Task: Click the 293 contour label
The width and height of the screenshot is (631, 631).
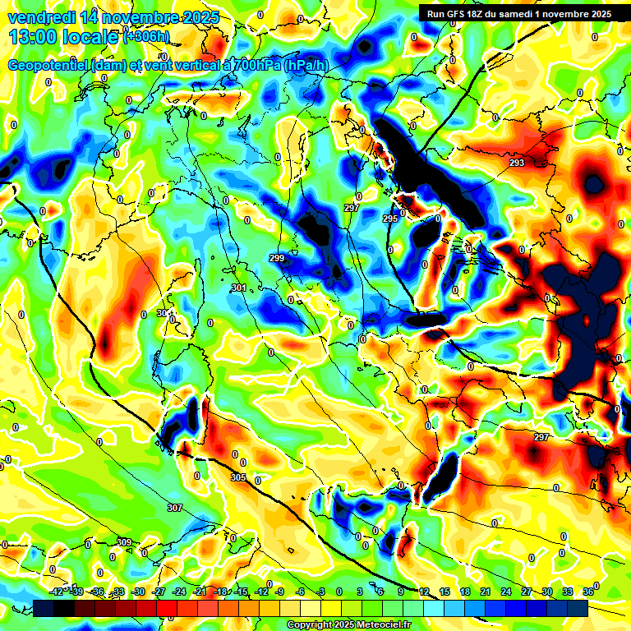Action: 517,164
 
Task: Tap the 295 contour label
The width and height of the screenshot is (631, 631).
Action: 390,219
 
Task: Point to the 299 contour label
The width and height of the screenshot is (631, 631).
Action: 277,259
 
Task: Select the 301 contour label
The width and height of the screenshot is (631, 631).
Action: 239,288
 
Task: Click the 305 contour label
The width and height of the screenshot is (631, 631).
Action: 238,477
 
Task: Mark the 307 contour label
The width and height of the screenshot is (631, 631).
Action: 174,508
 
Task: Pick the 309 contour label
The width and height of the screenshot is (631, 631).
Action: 124,542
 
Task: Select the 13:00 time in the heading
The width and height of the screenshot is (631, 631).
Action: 34,37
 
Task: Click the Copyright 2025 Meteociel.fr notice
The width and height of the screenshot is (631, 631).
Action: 348,625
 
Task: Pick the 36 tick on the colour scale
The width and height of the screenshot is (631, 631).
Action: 588,592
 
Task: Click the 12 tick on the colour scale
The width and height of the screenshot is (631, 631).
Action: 424,592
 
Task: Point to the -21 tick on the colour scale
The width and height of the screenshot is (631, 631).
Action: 200,592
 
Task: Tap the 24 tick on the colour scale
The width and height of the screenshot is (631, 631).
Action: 505,592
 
